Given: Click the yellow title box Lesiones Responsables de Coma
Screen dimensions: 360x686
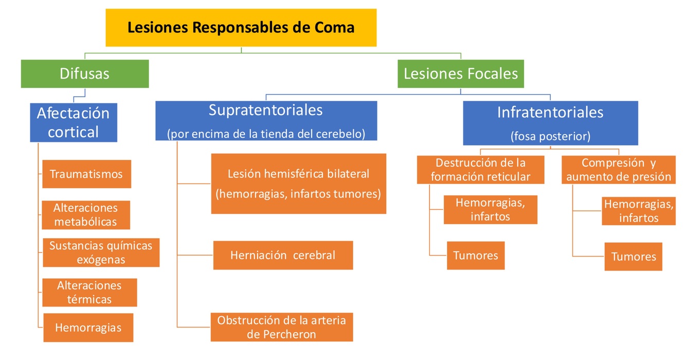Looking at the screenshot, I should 241,27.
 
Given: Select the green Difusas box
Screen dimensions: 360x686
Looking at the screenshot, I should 85,74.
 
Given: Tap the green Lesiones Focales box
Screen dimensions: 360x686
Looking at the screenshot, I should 460,74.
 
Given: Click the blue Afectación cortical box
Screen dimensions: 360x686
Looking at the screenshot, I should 74,122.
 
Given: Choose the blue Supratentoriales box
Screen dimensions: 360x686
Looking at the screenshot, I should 266,120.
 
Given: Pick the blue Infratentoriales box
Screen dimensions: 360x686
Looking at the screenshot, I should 550,123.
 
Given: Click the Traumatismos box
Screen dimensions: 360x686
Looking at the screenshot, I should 86,174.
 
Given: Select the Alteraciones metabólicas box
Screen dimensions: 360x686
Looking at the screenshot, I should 86,215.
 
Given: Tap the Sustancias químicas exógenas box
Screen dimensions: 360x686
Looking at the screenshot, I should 101,253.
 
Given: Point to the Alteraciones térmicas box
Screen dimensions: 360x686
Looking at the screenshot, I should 89,292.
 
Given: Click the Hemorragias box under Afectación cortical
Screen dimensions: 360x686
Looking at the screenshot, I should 88,328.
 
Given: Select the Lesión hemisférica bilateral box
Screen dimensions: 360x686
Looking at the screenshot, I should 298,184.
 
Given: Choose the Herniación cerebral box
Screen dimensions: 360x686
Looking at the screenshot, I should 283,255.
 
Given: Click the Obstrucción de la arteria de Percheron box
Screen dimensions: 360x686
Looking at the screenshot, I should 281,327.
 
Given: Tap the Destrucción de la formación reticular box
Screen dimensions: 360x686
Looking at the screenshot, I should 480,170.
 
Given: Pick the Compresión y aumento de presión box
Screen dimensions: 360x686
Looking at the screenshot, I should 618,170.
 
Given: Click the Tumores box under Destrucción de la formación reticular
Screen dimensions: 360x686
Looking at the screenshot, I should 475,255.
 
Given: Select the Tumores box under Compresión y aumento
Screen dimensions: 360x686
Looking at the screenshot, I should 633,256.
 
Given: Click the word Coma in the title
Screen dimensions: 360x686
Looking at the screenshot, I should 335,27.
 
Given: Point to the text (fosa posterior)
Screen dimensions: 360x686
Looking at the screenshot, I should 550,137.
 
